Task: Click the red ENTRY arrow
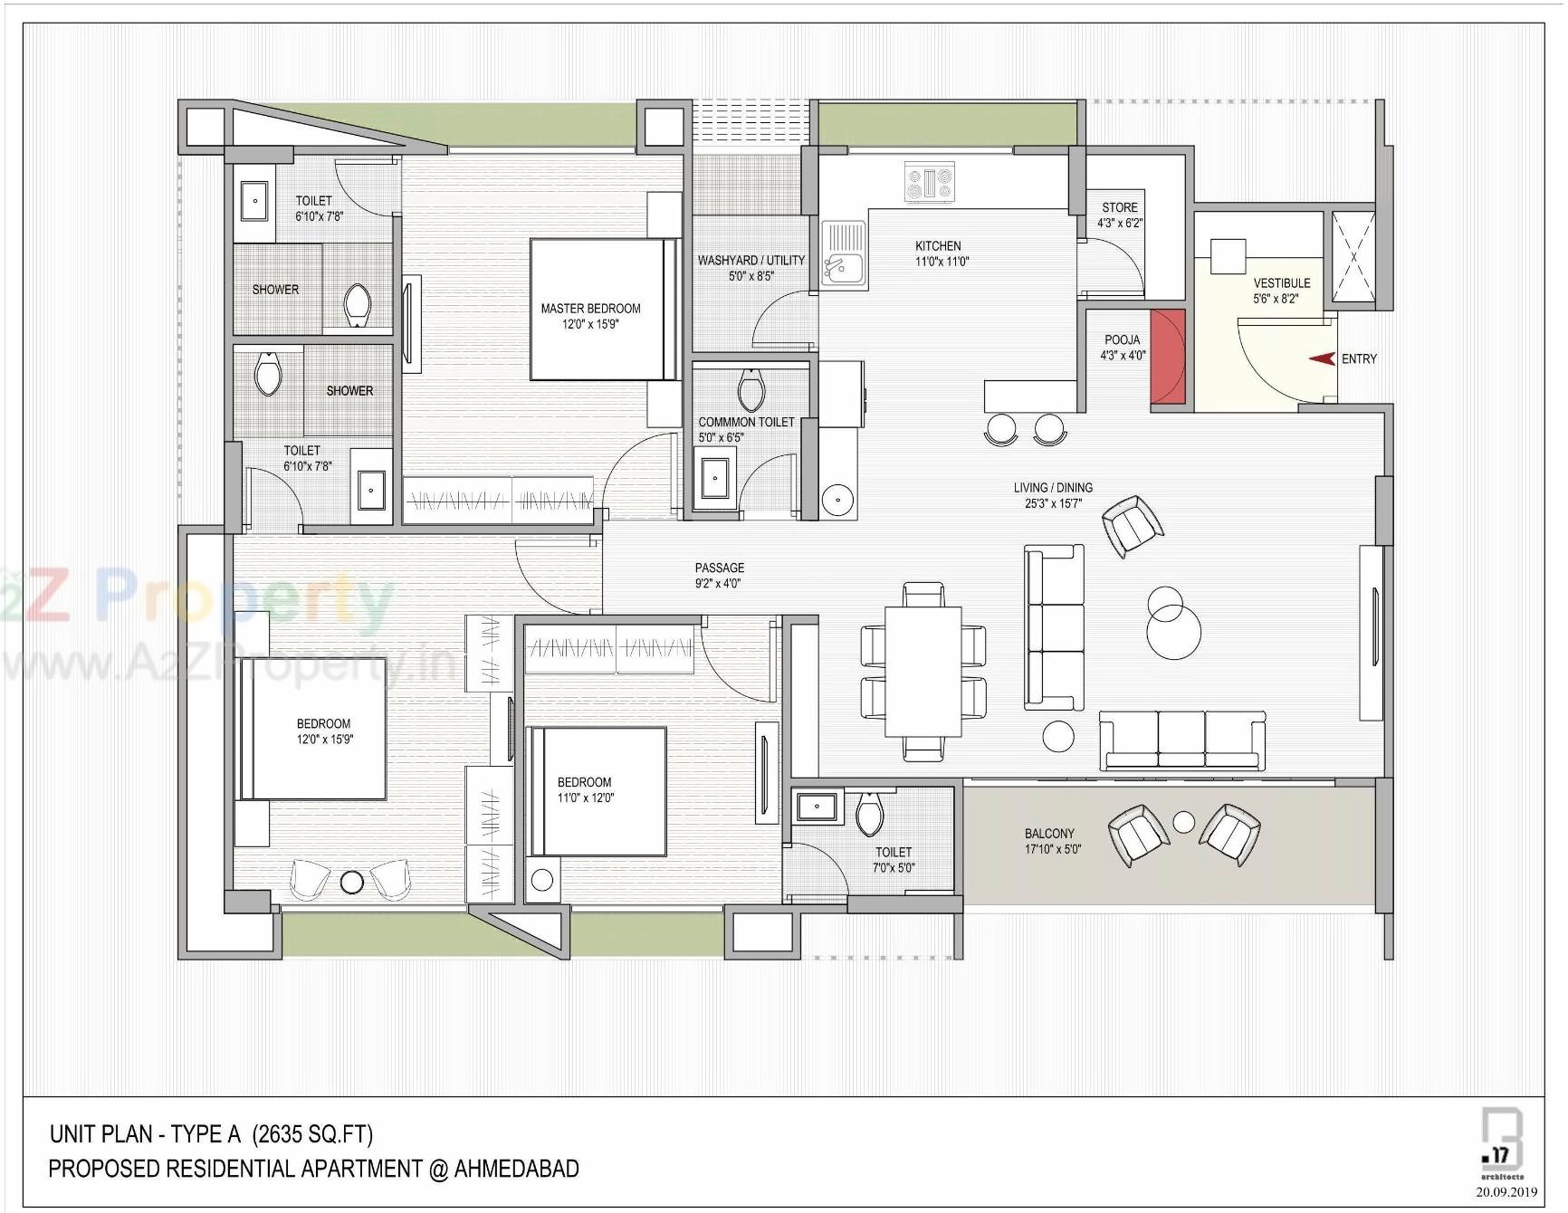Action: pos(1322,358)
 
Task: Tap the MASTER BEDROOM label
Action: pos(590,309)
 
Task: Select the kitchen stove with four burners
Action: pos(930,182)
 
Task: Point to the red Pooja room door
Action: pos(1167,356)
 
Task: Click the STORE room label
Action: pos(1119,207)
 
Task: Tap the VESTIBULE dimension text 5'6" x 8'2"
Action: pos(1276,299)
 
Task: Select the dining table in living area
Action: pos(923,671)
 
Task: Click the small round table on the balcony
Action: pos(1184,822)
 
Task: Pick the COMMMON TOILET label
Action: pos(746,422)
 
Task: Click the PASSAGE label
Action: pos(719,568)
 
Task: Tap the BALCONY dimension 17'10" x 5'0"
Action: pos(1052,849)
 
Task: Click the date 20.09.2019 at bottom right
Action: pos(1506,1191)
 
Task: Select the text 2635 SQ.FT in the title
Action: pos(311,1134)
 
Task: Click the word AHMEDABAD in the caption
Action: pos(516,1169)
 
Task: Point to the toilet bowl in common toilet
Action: pos(751,390)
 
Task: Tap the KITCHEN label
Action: pos(938,245)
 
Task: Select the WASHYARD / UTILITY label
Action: pos(751,260)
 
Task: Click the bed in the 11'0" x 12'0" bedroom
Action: pos(598,791)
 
